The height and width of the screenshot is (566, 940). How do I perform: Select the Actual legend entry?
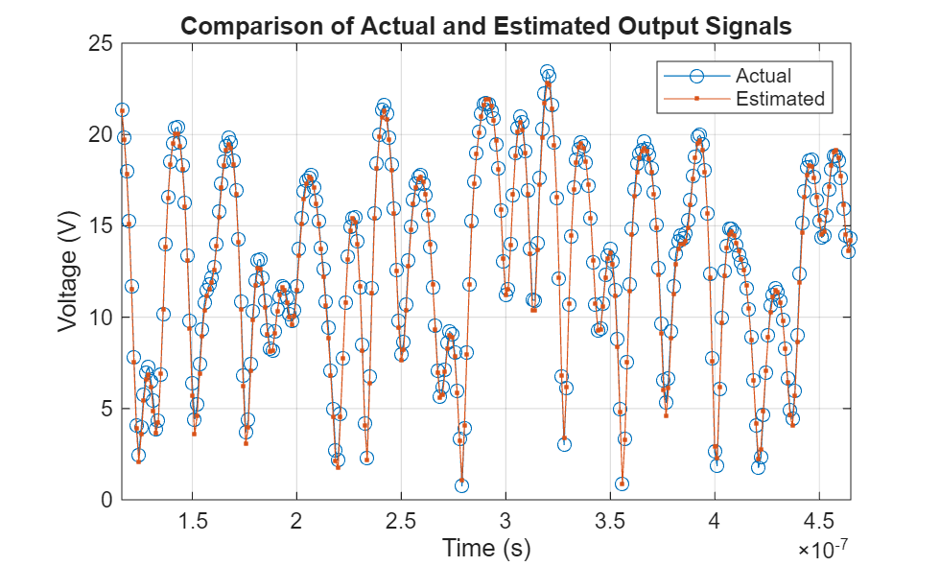(x=763, y=75)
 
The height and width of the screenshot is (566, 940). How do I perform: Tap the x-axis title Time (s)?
(x=485, y=548)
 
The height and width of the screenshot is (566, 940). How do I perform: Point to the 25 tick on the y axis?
(x=99, y=44)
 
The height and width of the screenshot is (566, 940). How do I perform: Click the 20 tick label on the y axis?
(x=99, y=135)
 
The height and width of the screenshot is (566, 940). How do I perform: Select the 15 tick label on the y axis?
(x=99, y=226)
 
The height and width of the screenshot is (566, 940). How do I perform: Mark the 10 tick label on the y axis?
(x=99, y=318)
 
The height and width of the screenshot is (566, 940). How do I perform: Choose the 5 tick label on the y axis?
(x=105, y=409)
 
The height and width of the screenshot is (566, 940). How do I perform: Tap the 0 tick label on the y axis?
(x=105, y=500)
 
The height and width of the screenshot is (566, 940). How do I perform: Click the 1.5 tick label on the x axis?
(x=193, y=520)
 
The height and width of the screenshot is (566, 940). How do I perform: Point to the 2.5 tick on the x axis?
(x=402, y=520)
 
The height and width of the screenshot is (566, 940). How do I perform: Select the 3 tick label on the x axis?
(x=505, y=520)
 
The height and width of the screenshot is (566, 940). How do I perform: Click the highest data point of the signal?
(x=547, y=73)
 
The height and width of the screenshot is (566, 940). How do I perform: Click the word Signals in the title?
(x=754, y=26)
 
